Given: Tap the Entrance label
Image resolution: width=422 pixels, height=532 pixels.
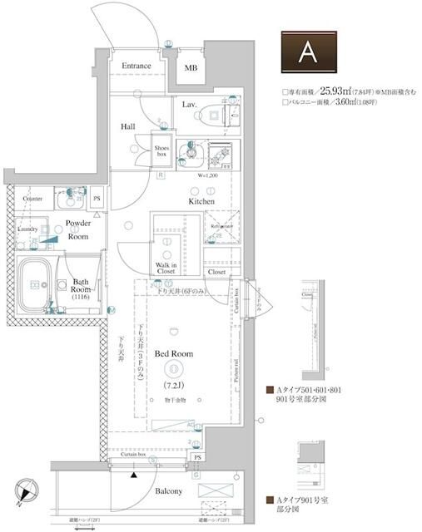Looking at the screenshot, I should pos(137,66).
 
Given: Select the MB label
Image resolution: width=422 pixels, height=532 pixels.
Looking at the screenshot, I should pos(191,67).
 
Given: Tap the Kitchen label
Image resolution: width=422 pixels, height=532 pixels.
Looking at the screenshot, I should pos(201,201).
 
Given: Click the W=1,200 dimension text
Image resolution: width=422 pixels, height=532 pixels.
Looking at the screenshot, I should pos(207,176).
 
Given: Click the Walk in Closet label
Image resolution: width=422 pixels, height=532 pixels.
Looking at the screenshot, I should pos(166,268).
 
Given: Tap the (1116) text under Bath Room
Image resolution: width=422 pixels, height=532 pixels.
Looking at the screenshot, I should pos(80,297).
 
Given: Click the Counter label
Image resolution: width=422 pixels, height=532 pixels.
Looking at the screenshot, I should pos(32,199).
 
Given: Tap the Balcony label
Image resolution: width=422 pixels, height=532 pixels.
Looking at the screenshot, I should pos(168,491).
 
